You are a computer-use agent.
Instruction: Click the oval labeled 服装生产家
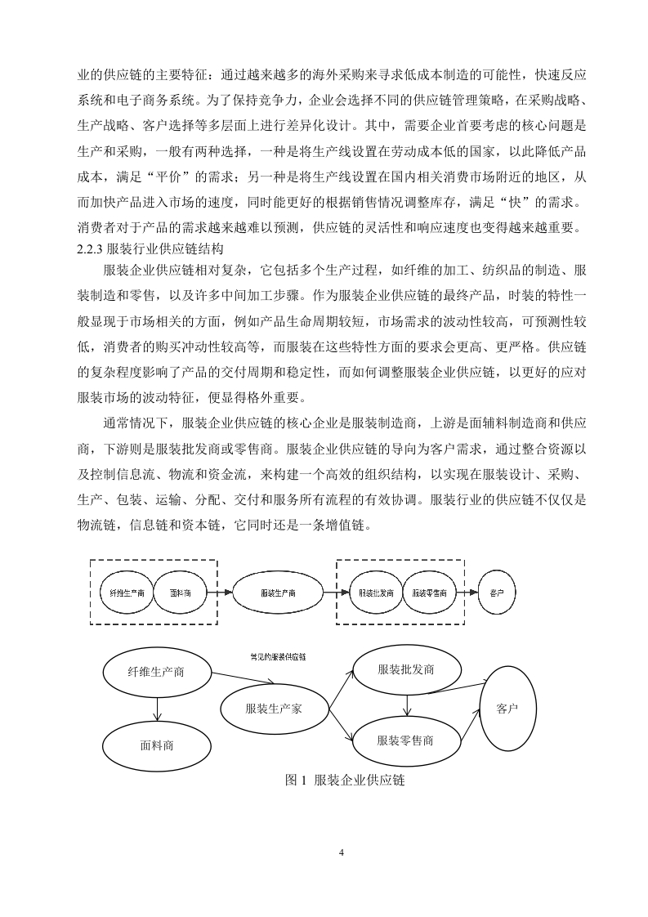tap(274, 709)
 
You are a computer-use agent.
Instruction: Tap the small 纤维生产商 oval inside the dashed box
tap(127, 593)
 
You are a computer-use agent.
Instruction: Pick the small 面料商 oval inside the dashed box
tap(180, 593)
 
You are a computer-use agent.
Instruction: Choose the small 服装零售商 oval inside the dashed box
tap(429, 593)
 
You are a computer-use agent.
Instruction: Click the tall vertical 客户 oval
tap(507, 708)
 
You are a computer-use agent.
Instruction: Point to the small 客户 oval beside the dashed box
tap(496, 593)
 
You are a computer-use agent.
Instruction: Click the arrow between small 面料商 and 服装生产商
tap(218, 593)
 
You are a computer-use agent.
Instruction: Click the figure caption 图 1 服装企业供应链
tap(346, 781)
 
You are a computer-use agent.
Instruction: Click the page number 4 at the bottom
tap(342, 853)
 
